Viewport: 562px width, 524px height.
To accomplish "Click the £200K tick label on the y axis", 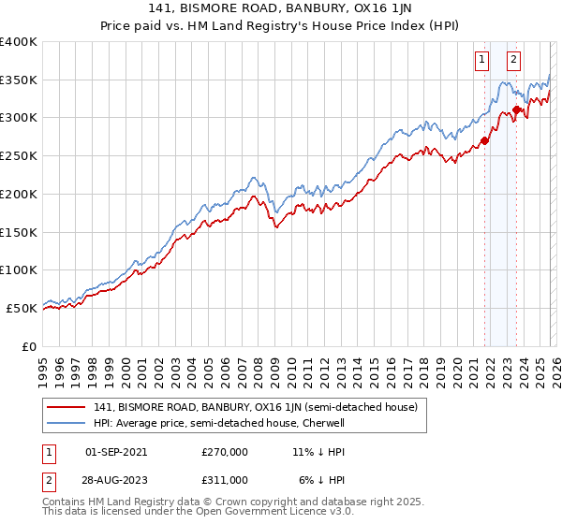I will (19, 194).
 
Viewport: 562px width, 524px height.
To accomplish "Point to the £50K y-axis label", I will (22, 308).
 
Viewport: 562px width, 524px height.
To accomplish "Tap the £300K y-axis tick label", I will (19, 118).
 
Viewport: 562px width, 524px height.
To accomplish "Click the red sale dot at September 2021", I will (484, 141).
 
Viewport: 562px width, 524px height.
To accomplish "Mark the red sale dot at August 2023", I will (516, 110).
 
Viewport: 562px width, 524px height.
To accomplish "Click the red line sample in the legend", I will (67, 407).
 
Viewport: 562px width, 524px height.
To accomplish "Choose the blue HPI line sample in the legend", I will (67, 423).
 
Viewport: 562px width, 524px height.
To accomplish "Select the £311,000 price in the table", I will (225, 479).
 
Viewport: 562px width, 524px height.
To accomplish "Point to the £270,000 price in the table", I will (225, 451).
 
